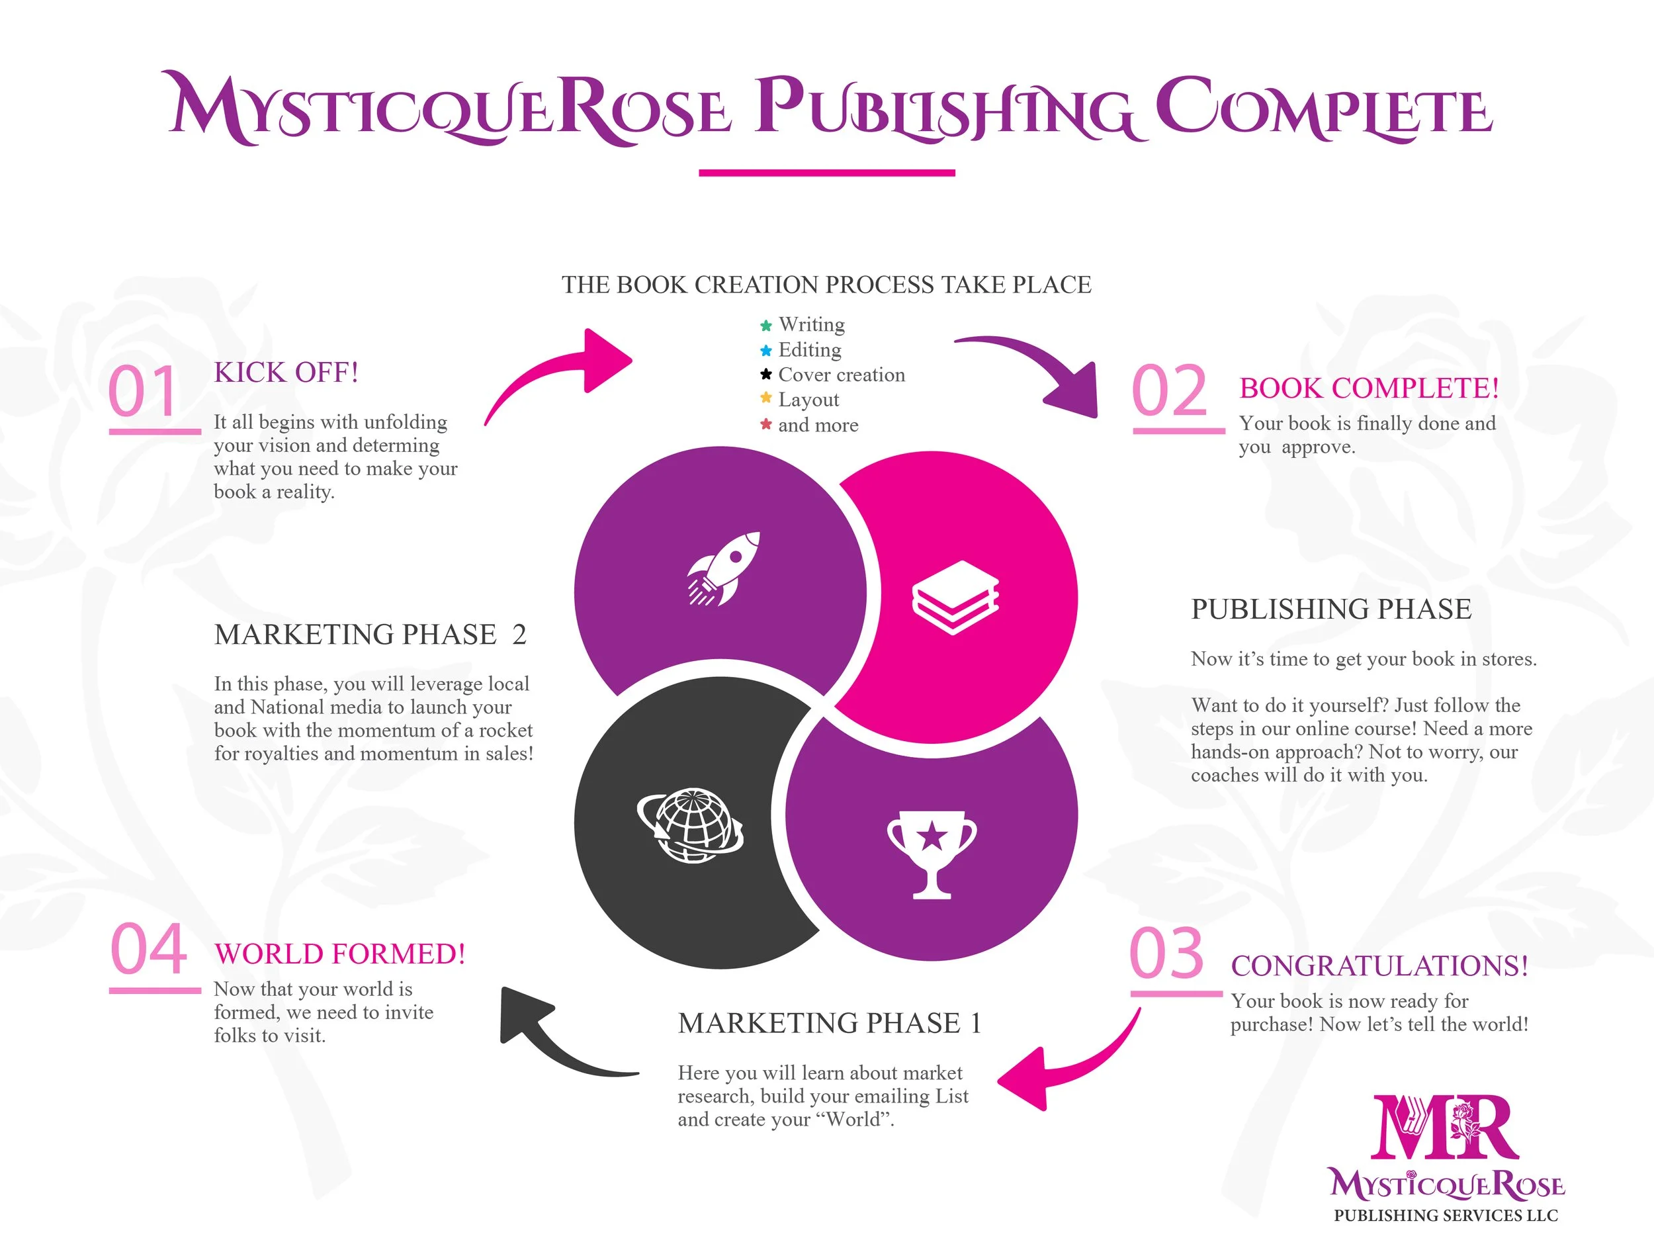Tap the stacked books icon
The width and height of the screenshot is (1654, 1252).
point(955,598)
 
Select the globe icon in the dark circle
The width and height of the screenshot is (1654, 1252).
point(690,825)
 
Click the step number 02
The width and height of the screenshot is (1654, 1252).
point(1169,391)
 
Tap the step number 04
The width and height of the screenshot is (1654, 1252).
point(148,949)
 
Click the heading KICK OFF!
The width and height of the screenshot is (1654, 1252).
point(286,373)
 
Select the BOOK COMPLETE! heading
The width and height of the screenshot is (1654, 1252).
point(1369,388)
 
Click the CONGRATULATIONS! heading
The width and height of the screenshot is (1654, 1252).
point(1379,965)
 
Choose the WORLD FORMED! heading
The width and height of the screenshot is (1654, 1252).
point(339,954)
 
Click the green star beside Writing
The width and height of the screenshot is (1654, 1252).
point(765,326)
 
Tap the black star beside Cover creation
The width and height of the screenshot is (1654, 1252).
point(765,374)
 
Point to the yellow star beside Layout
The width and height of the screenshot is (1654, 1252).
point(765,398)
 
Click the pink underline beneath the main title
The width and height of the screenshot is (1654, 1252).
point(827,173)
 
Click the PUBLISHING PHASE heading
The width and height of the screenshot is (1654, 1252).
point(1331,609)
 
